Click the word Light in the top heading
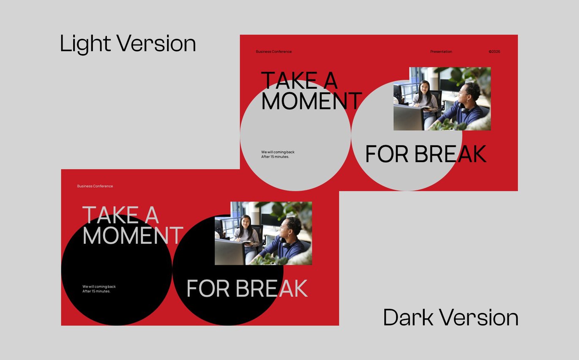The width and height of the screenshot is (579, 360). click(85, 44)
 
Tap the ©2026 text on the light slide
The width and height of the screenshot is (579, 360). click(494, 52)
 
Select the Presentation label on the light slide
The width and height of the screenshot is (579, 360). click(441, 52)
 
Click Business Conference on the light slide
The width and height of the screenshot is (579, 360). click(274, 52)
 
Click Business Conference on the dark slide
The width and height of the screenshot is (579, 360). click(95, 186)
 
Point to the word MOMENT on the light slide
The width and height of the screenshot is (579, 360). click(311, 101)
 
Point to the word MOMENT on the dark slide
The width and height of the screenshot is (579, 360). click(133, 235)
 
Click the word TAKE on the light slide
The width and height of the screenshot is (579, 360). click(289, 80)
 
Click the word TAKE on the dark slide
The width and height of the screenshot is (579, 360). click(111, 215)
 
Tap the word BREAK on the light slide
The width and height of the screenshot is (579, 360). click(450, 154)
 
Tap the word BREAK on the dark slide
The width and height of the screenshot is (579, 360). click(271, 288)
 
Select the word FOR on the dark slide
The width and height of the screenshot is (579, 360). click(208, 288)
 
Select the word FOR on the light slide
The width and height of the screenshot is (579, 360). click(387, 154)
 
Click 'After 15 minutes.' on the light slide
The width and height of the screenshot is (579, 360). click(275, 157)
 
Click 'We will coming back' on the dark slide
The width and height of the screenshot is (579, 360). click(99, 286)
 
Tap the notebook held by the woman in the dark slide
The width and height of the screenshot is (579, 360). click(247, 243)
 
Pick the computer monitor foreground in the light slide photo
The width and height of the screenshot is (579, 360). click(408, 117)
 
